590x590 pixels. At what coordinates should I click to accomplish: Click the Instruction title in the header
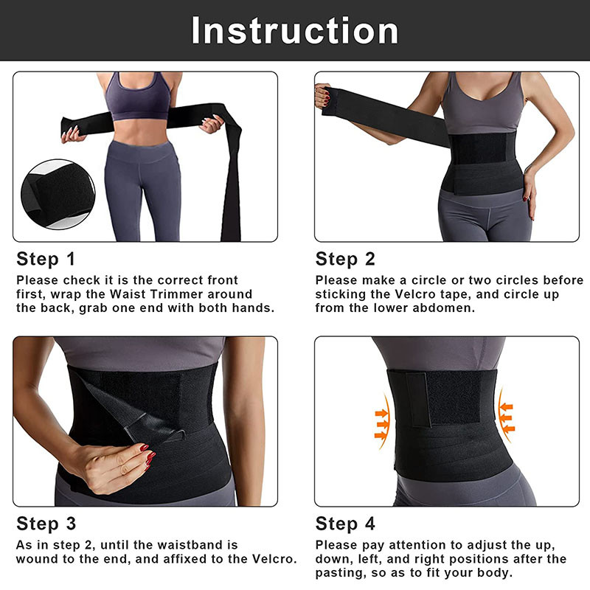(294, 30)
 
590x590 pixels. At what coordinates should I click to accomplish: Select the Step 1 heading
(46, 259)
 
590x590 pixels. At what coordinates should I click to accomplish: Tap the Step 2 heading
(345, 259)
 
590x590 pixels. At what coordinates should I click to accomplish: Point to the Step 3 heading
(46, 524)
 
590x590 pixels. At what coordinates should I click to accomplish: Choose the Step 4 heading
(345, 524)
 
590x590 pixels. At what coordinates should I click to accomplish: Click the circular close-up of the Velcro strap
(58, 194)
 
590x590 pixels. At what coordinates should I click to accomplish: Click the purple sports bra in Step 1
(138, 97)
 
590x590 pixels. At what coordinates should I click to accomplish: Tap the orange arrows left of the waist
(381, 422)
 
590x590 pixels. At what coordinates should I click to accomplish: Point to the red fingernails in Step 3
(148, 456)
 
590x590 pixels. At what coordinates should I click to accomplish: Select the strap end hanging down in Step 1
(230, 177)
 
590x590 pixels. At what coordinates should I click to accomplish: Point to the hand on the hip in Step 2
(529, 192)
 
